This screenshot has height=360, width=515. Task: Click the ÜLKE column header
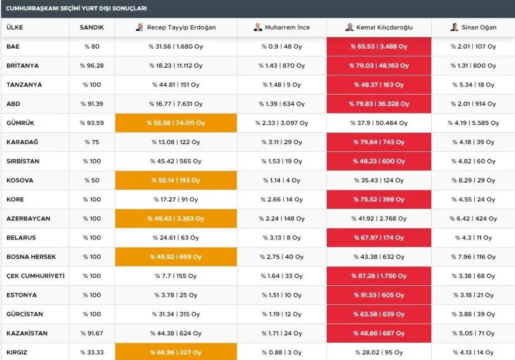[x=15, y=27]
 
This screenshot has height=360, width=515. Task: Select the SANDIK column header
[x=92, y=27]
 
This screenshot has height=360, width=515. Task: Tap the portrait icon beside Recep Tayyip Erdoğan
[x=140, y=27]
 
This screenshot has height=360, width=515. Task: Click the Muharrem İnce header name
[x=287, y=27]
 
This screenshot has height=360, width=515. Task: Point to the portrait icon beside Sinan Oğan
[x=454, y=27]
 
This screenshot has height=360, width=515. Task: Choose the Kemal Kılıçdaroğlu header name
[x=384, y=27]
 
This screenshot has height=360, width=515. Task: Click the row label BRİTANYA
[x=22, y=66]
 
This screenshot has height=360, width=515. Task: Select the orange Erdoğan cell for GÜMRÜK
[x=176, y=123]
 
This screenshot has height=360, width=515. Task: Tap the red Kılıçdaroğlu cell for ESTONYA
[x=379, y=295]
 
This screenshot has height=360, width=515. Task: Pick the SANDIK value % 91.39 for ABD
[x=92, y=104]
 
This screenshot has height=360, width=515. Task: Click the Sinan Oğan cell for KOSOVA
[x=473, y=180]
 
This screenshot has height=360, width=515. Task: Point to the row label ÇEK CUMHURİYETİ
[x=35, y=276]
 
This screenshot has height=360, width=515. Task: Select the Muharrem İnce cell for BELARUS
[x=282, y=238]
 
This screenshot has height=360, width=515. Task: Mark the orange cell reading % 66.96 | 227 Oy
[x=176, y=352]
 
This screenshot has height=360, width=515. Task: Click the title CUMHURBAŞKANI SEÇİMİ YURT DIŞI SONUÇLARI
[x=76, y=8]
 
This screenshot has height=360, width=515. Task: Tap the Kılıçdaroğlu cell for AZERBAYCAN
[x=379, y=219]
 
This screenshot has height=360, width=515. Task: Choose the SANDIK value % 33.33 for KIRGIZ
[x=92, y=352]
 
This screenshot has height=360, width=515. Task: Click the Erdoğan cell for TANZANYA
[x=176, y=85]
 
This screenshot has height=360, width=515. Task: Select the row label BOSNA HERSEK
[x=31, y=257]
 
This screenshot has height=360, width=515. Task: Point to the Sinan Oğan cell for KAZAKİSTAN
[x=473, y=333]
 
